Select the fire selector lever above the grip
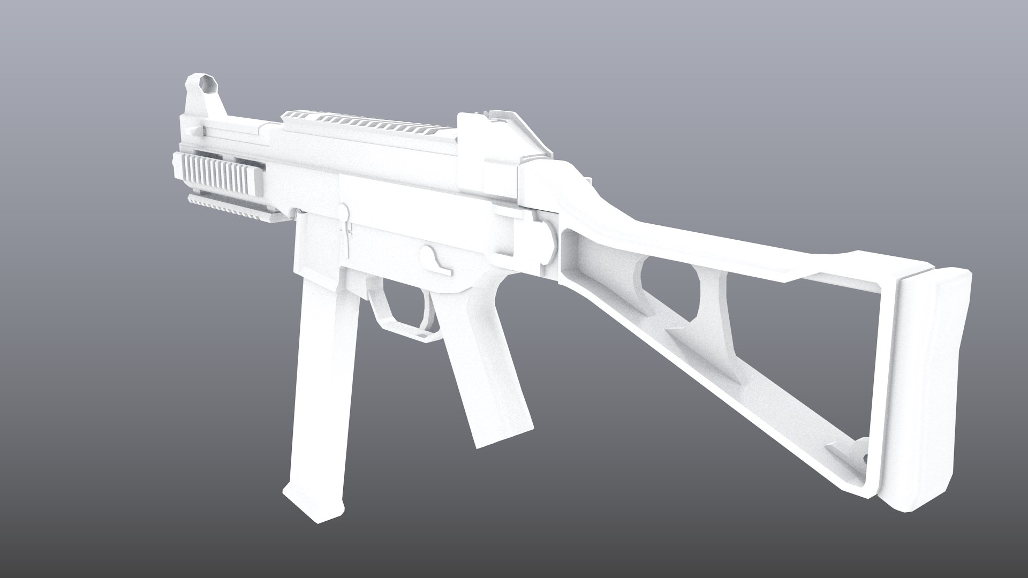435,260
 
